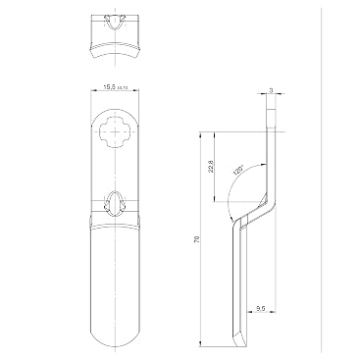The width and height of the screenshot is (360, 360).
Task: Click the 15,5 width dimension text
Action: click(x=110, y=87)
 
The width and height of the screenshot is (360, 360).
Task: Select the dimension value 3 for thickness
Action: click(x=271, y=89)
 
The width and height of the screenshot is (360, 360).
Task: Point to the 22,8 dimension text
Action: click(x=211, y=167)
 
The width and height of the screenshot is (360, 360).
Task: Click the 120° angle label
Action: click(x=238, y=172)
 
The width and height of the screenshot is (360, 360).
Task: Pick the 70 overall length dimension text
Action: click(x=196, y=239)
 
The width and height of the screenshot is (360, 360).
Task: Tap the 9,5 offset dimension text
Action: click(x=261, y=308)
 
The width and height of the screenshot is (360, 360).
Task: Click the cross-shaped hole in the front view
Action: click(x=116, y=132)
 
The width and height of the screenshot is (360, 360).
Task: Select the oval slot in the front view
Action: click(x=116, y=204)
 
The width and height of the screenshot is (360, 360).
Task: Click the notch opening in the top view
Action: click(x=116, y=23)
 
